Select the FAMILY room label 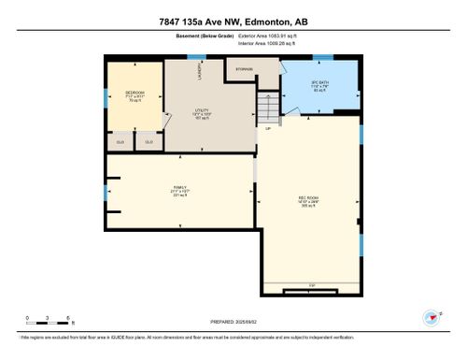[178, 188]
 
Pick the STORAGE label [244, 68]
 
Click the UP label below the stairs [268, 128]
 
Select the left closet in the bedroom [120, 141]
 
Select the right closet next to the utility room [149, 141]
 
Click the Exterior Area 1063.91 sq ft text [273, 35]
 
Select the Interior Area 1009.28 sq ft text [273, 42]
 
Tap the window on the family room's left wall [106, 192]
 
